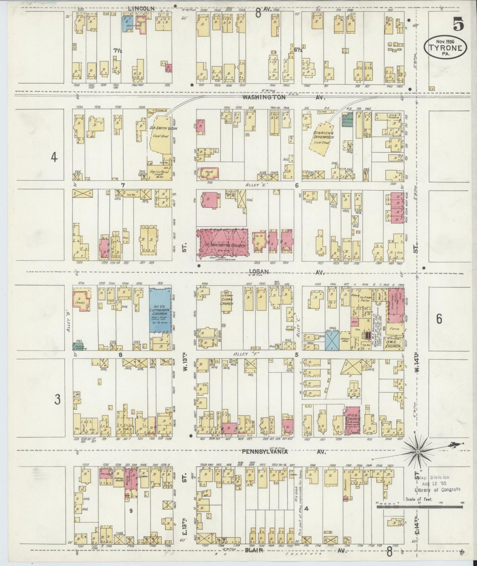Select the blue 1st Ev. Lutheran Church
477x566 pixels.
tap(160, 310)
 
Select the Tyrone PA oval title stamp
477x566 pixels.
tap(445, 47)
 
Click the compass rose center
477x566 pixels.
tap(418, 451)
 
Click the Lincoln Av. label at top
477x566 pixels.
tap(141, 9)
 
